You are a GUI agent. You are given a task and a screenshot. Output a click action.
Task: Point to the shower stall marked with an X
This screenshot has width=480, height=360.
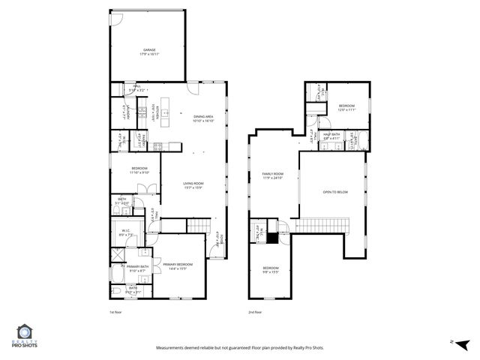[x=118, y=255]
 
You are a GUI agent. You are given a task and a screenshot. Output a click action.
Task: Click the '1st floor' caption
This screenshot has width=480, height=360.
[x=115, y=311]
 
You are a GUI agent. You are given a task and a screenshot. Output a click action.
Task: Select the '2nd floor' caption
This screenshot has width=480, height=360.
[x=255, y=311]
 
